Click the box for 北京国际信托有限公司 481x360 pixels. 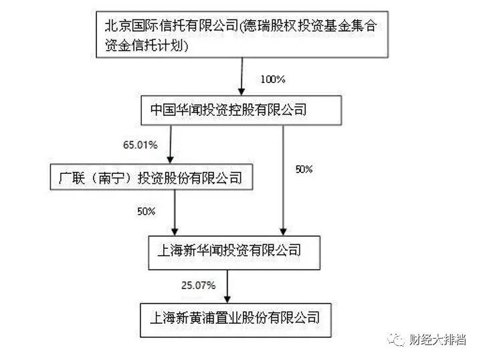(240, 36)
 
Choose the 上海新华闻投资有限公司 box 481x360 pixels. (229, 251)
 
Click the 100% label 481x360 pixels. (273, 79)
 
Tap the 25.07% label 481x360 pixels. (198, 285)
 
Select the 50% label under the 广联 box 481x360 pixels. (146, 211)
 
